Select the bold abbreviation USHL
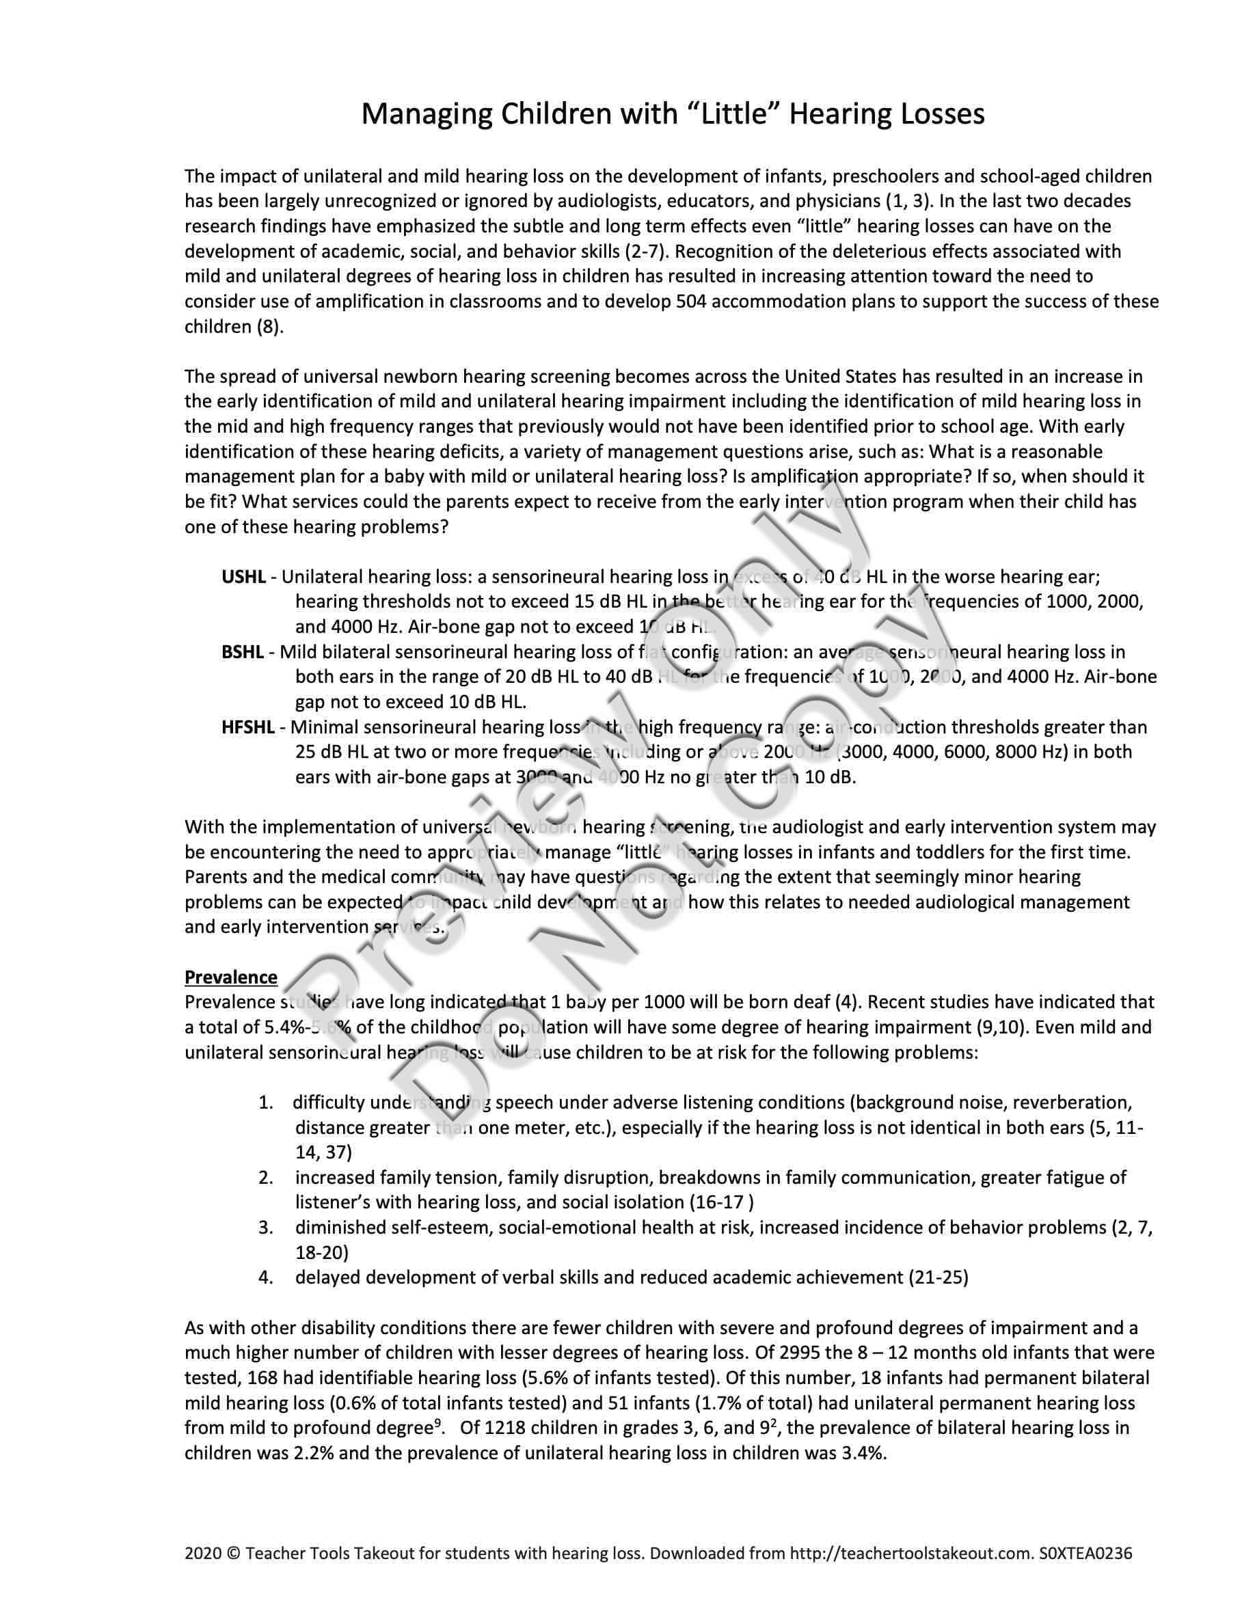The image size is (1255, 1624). point(243,576)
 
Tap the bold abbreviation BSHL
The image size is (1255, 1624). point(243,652)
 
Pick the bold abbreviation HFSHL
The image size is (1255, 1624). point(247,727)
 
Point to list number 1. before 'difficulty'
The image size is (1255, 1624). point(266,1102)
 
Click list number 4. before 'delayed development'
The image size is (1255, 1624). point(266,1277)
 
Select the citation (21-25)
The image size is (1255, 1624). point(939,1277)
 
